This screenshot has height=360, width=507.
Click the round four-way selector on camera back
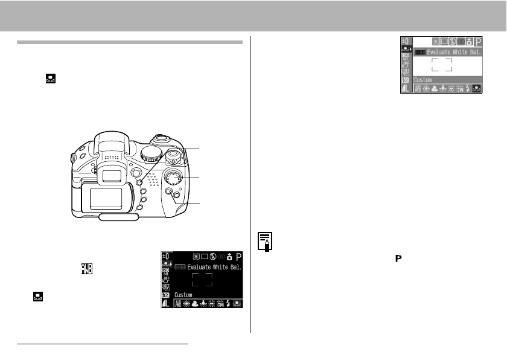[x=173, y=178]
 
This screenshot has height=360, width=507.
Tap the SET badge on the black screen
[x=179, y=266]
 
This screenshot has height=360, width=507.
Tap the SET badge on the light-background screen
[x=419, y=52]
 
